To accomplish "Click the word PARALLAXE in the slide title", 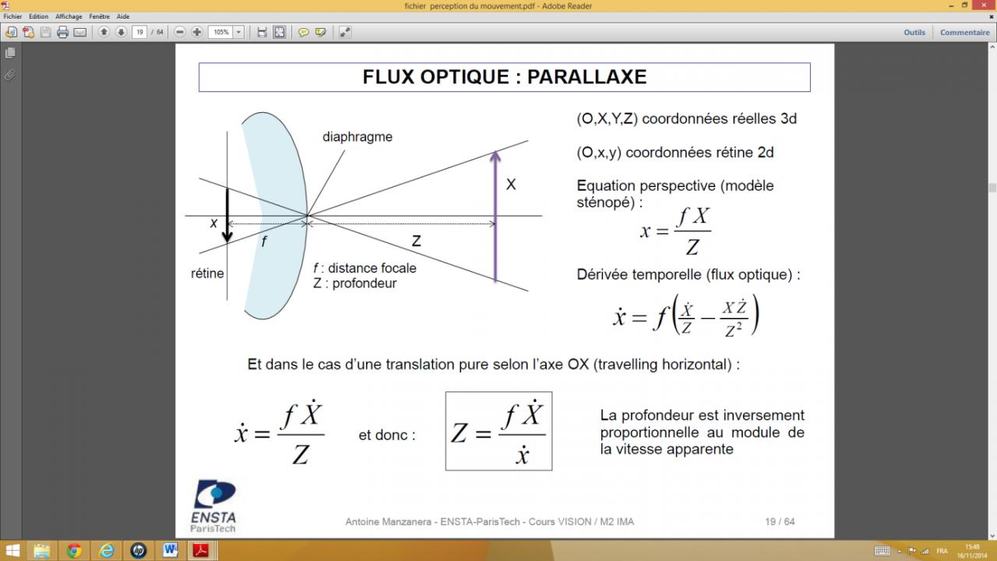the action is [587, 77].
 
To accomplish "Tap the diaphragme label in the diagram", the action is [358, 136].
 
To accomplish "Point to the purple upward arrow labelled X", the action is [495, 216].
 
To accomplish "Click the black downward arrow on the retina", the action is [227, 215].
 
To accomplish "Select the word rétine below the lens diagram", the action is [207, 273].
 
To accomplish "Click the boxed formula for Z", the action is [499, 431].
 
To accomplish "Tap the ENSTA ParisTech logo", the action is [213, 506].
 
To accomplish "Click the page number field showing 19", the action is [139, 32].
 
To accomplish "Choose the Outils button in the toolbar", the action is [914, 33].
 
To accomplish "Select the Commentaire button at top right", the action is [964, 33].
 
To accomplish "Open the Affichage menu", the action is [69, 16].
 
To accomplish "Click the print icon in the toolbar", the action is [63, 32].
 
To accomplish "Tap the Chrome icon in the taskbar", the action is [74, 551].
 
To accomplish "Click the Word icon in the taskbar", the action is [170, 551].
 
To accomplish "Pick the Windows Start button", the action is [12, 551].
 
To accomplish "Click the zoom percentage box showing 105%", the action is [221, 32].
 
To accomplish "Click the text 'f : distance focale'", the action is [365, 268].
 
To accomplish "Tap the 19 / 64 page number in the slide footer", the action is [780, 521].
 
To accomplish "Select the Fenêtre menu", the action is [99, 16].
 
